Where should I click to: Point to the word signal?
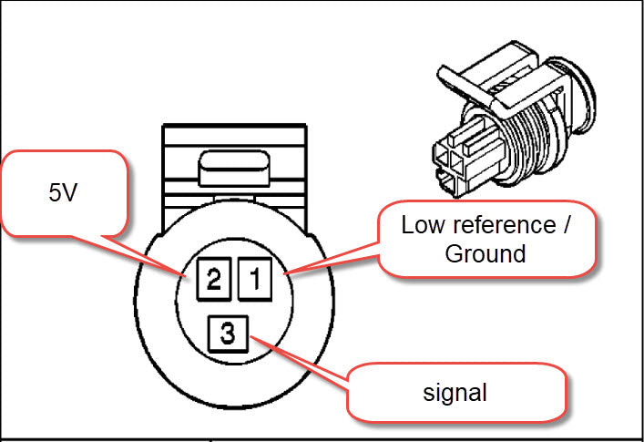[455, 393]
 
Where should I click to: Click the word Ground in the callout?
[485, 253]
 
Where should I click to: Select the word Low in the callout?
[421, 225]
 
